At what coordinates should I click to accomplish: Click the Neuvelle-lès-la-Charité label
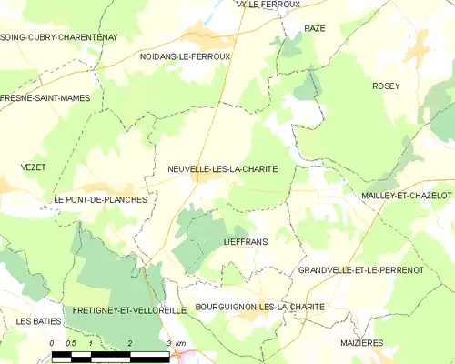222,169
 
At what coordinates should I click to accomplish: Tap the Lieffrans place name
243,244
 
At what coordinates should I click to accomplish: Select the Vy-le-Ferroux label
268,5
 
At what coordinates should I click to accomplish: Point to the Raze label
315,29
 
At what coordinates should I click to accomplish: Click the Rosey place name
386,86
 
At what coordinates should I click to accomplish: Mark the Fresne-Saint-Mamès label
45,97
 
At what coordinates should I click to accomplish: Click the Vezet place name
33,167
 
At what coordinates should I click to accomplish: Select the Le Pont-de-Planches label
100,199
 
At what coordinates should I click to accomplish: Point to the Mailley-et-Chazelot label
406,196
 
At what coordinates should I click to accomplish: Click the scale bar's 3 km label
176,343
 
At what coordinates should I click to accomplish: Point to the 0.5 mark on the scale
71,343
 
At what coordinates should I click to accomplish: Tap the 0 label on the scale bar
53,343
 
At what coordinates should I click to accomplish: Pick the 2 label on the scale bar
131,343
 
